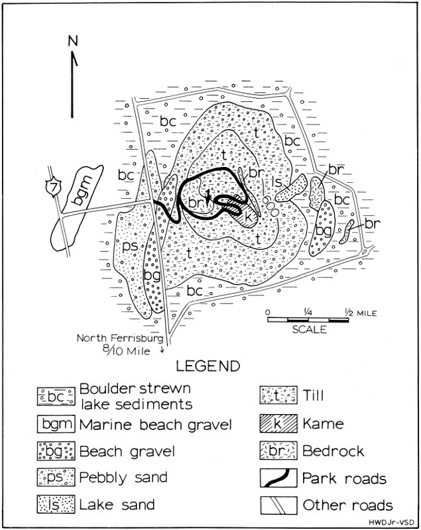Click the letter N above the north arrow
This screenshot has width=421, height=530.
pyautogui.click(x=73, y=41)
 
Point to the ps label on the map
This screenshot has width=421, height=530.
pyautogui.click(x=130, y=246)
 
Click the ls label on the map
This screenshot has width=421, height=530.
pyautogui.click(x=276, y=182)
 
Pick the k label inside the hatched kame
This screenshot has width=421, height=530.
pyautogui.click(x=248, y=217)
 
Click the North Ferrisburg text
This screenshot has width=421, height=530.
pyautogui.click(x=120, y=338)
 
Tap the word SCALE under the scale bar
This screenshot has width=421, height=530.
pyautogui.click(x=310, y=329)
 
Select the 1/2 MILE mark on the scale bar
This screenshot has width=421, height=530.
pyautogui.click(x=361, y=313)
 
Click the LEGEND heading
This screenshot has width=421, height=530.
pyautogui.click(x=208, y=366)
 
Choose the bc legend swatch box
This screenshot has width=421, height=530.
pyautogui.click(x=56, y=396)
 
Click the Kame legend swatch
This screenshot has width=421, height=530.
pyautogui.click(x=278, y=423)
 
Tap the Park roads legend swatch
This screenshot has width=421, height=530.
pyautogui.click(x=278, y=478)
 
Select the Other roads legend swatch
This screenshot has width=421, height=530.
pyautogui.click(x=278, y=505)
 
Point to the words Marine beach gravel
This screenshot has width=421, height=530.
pyautogui.click(x=156, y=425)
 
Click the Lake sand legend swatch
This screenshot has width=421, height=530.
pyautogui.click(x=56, y=505)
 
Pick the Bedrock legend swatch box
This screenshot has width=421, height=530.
pyautogui.click(x=278, y=450)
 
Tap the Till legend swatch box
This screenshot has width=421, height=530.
pyautogui.click(x=278, y=395)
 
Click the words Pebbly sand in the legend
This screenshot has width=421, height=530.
pyautogui.click(x=123, y=478)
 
